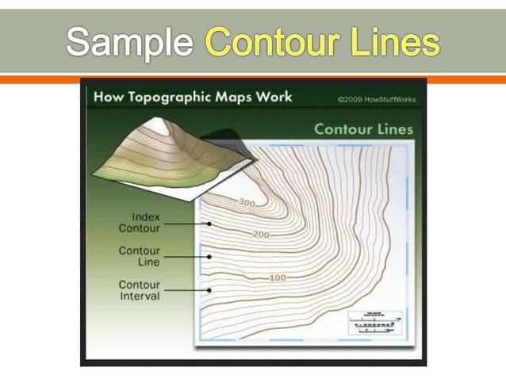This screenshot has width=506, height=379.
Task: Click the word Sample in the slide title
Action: click(x=128, y=41)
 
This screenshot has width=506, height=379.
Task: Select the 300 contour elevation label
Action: click(x=247, y=203)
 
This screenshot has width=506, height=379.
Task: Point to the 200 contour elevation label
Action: click(x=261, y=235)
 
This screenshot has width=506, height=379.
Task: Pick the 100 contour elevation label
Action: click(x=278, y=278)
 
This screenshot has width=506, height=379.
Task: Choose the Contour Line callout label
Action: click(x=139, y=256)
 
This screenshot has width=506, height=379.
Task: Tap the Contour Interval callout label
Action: click(x=139, y=290)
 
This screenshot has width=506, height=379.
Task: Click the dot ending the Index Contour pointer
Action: click(x=209, y=224)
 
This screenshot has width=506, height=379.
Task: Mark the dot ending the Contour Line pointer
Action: click(x=209, y=257)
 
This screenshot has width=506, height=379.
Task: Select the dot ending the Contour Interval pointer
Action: click(x=209, y=290)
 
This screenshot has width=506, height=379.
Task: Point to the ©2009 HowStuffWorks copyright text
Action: click(x=376, y=100)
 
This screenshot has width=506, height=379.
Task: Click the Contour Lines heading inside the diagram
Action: click(x=363, y=128)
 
